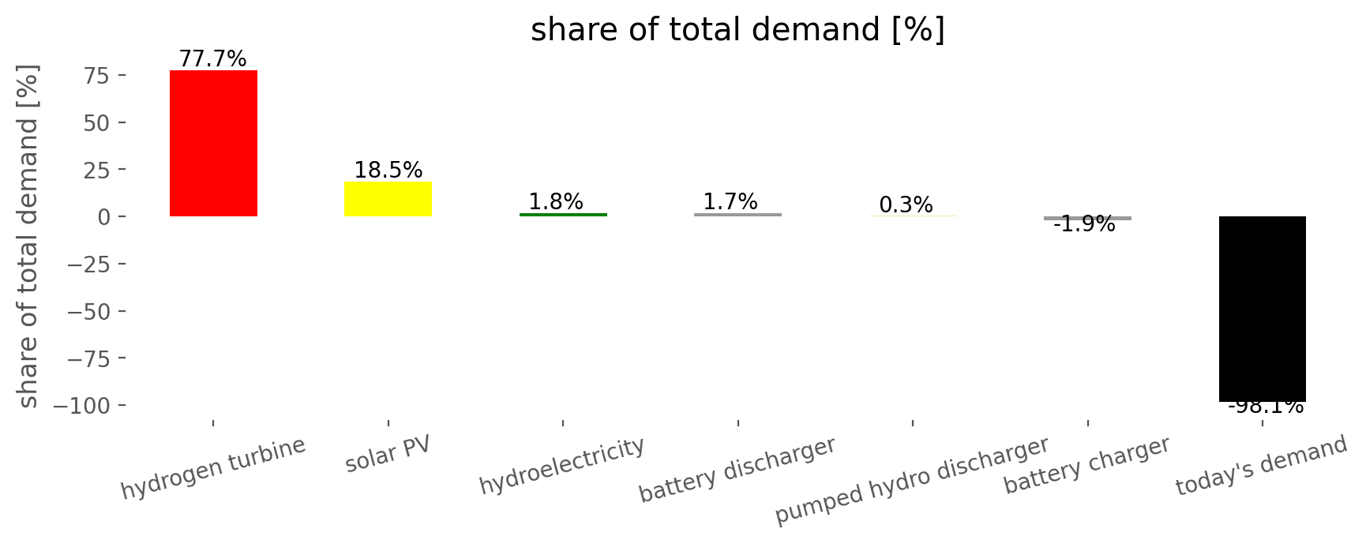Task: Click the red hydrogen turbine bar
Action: [x=213, y=143]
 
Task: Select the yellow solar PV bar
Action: [x=388, y=199]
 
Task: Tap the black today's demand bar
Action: [x=1263, y=309]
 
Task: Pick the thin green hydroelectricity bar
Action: [x=563, y=215]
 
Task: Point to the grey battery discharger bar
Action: [x=737, y=215]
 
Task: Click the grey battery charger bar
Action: [x=1087, y=218]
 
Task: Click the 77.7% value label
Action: [x=212, y=59]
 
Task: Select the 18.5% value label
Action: [x=388, y=171]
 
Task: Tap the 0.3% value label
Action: [x=906, y=205]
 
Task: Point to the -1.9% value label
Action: [x=1084, y=225]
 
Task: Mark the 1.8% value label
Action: [x=556, y=202]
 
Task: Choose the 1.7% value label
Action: [x=730, y=202]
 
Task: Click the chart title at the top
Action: [x=737, y=30]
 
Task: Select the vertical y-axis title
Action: [x=28, y=237]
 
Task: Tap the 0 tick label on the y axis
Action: [x=102, y=216]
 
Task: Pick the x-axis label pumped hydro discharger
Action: [x=912, y=480]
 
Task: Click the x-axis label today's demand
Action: [x=1261, y=466]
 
